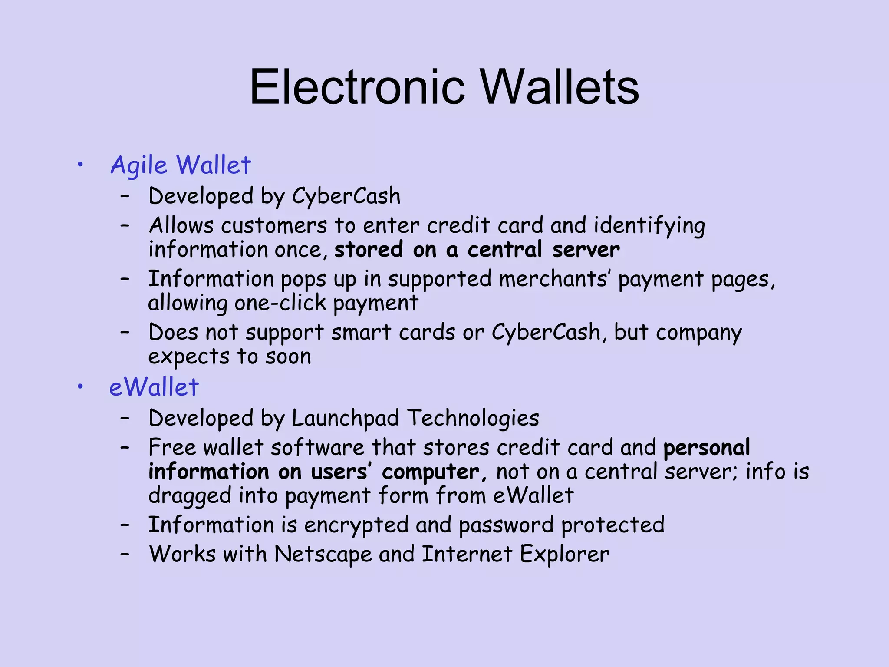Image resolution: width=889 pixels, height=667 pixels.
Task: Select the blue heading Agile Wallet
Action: (x=181, y=165)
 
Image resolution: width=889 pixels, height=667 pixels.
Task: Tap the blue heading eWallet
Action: (x=154, y=387)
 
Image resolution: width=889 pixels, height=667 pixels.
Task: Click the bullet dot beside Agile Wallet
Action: (x=79, y=165)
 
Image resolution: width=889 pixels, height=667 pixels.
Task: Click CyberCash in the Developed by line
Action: (x=346, y=196)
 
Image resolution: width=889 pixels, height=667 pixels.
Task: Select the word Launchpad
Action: (x=345, y=418)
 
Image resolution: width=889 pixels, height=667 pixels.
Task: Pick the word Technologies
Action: (x=473, y=418)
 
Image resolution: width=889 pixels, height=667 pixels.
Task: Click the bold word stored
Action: (x=369, y=250)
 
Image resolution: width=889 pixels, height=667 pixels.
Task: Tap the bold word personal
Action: (x=707, y=448)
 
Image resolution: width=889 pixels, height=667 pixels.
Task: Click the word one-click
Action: (x=280, y=303)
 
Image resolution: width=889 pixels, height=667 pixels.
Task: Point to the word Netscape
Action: (x=323, y=555)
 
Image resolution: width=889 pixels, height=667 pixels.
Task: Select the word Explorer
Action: (x=564, y=555)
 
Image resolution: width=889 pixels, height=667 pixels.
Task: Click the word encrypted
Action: (x=356, y=525)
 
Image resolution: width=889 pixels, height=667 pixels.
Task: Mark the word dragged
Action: (x=190, y=496)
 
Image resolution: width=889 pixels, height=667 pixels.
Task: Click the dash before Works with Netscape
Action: (x=125, y=554)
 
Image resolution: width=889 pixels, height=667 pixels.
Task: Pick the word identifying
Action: (x=649, y=226)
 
